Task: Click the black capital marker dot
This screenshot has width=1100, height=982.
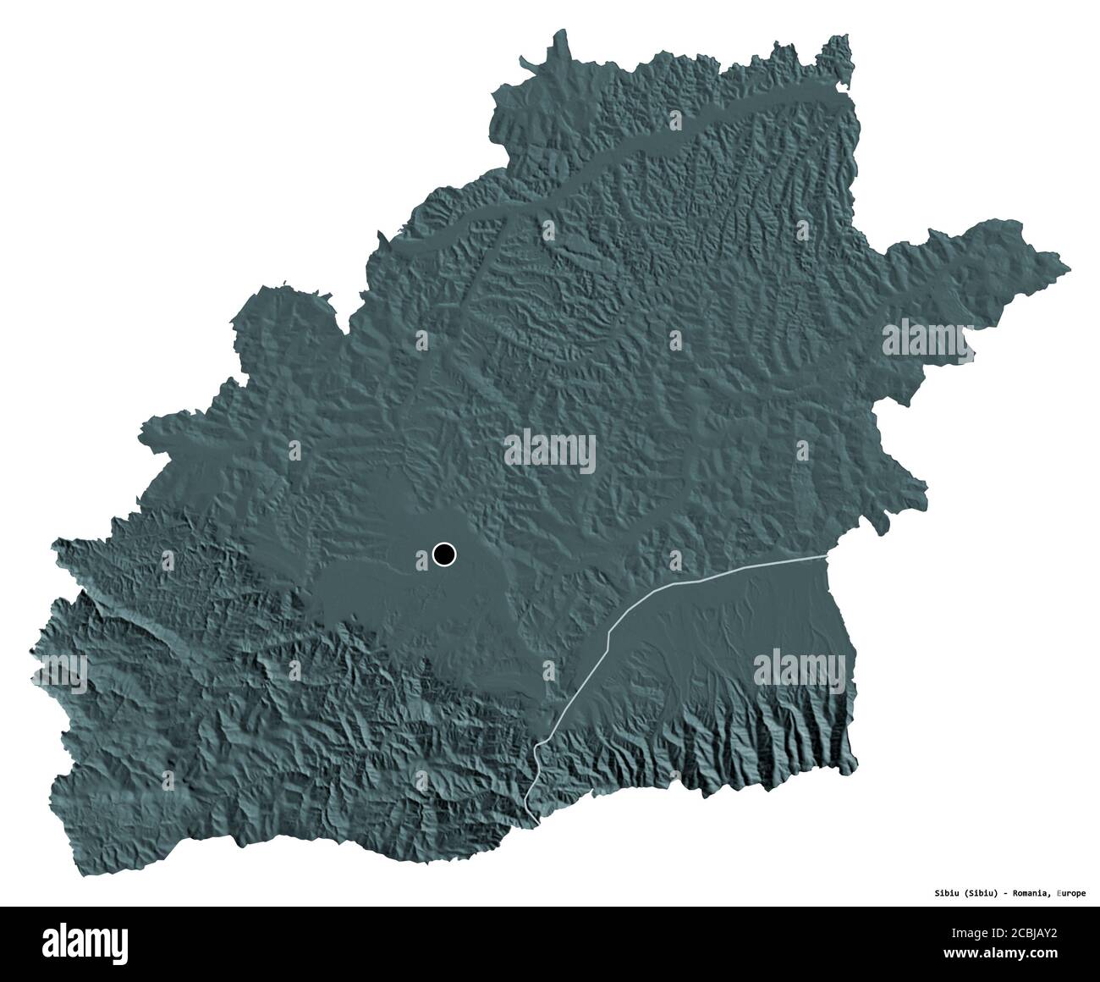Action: click(443, 554)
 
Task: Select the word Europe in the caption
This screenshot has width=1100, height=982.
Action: click(1072, 891)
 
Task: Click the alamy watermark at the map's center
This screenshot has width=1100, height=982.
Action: click(549, 452)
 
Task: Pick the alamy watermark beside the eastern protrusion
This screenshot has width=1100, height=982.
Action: click(929, 342)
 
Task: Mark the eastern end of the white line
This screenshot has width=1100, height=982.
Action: click(825, 556)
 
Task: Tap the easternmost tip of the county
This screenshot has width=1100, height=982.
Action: click(1070, 269)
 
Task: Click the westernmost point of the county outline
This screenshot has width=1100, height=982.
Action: click(31, 651)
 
